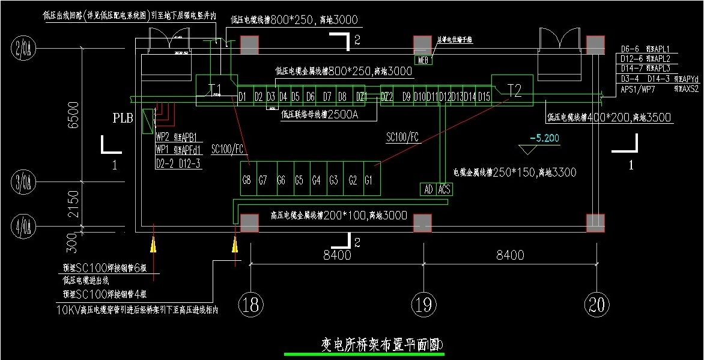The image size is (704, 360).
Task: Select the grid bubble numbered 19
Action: (424, 305)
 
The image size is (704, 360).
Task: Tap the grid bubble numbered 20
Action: (596, 305)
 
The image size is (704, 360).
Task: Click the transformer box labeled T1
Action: (216, 91)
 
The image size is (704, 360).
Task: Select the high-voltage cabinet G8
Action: (246, 179)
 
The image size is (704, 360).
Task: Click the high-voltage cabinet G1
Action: (369, 179)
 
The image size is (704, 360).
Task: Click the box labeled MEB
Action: (423, 59)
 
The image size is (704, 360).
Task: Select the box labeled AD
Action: (428, 189)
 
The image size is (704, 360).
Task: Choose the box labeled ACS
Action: (444, 189)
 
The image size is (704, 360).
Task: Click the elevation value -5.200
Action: (544, 138)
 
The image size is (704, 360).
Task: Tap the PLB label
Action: (123, 118)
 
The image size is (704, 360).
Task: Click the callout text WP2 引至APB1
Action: (177, 136)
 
